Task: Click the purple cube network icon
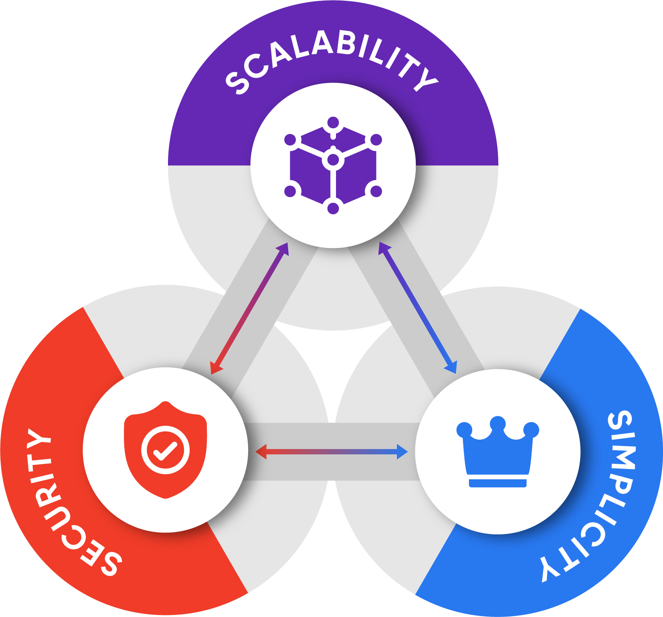tap(333, 165)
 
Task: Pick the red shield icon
tap(166, 449)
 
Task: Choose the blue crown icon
tap(497, 452)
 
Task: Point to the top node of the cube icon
tap(333, 123)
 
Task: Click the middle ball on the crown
tap(497, 423)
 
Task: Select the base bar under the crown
tap(497, 483)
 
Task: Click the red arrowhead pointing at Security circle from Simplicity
tap(261, 452)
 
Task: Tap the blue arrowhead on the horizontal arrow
tap(403, 452)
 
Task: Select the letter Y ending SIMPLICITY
tap(549, 568)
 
